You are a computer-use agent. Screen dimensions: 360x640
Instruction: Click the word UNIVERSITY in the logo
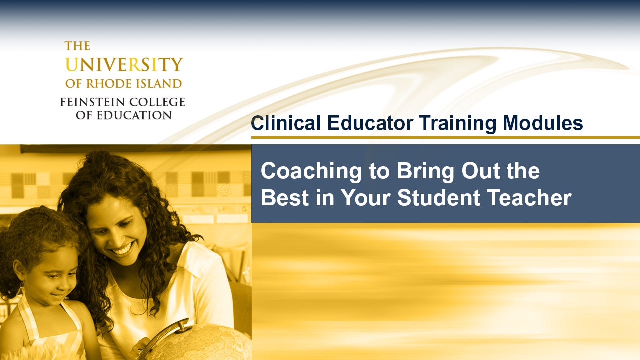coord(124,65)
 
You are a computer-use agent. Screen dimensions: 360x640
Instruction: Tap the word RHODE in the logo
coord(120,83)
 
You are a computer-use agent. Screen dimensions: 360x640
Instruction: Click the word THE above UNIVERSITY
coord(77,46)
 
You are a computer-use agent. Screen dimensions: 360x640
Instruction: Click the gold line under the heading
coord(445,137)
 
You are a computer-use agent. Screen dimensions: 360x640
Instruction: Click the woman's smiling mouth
coord(123,248)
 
